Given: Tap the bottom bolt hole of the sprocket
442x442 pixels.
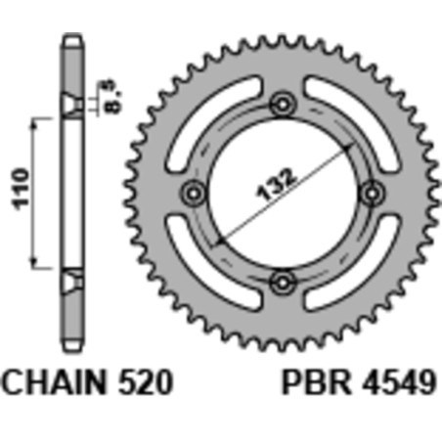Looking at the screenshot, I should click(x=284, y=283).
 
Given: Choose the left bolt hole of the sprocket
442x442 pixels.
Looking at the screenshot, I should click(x=193, y=192).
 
